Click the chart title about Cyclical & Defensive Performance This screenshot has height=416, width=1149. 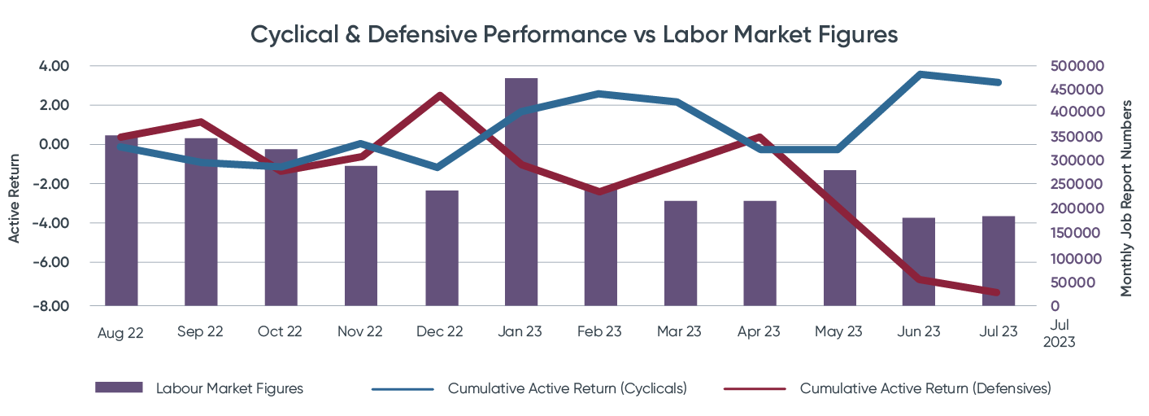coord(574,36)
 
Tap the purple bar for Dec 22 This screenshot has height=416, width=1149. coord(442,249)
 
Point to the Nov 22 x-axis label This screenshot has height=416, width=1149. coord(360,332)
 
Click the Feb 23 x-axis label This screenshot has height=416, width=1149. coord(600,332)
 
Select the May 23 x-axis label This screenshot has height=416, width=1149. coord(839,332)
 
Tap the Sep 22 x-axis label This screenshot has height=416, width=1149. coord(201,332)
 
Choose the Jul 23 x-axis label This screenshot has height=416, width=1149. coord(999,332)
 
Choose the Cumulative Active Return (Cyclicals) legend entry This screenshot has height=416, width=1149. coord(567,388)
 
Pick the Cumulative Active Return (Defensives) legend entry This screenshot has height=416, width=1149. coord(925,388)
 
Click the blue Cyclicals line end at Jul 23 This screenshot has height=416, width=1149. coord(998,82)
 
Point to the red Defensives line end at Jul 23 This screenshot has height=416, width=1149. coord(998,292)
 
